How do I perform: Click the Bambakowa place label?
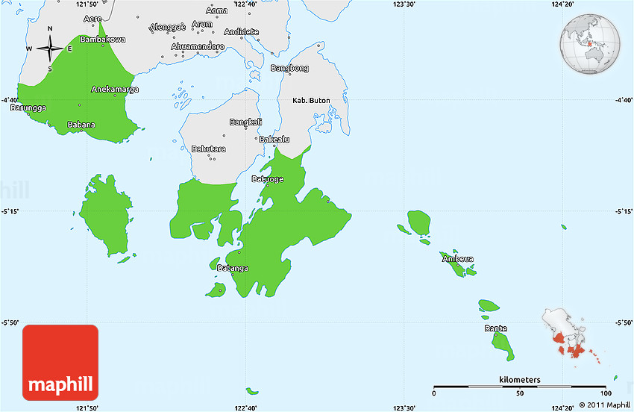coord(103,39)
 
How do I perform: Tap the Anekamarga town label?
coord(114,90)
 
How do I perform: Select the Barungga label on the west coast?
coord(28,108)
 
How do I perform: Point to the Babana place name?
coord(81,125)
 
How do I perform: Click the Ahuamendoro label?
coord(198,46)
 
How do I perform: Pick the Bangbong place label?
coord(289,68)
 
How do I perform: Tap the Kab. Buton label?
coord(310,100)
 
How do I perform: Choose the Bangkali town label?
coord(245,122)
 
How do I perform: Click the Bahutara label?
coord(208,149)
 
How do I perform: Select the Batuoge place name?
coord(268,179)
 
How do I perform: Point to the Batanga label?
coord(233,268)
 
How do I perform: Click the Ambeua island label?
coord(458,259)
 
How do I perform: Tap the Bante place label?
coord(496,328)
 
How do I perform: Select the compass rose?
coord(50,49)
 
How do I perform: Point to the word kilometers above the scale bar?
coord(520,380)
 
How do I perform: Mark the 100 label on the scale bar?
coord(605,393)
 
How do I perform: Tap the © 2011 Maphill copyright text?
coord(600,405)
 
